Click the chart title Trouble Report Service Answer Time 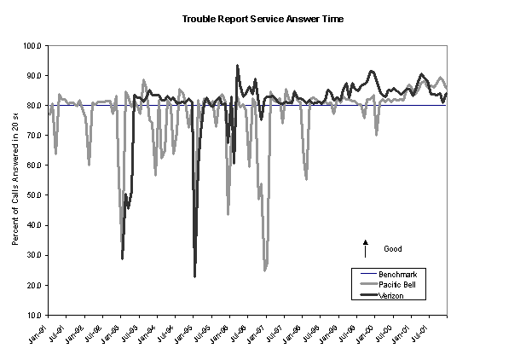pyautogui.click(x=263, y=18)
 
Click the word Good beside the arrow pyautogui.click(x=392, y=249)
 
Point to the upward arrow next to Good pyautogui.click(x=365, y=247)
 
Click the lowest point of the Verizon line pyautogui.click(x=194, y=276)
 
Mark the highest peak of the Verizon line pyautogui.click(x=237, y=66)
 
